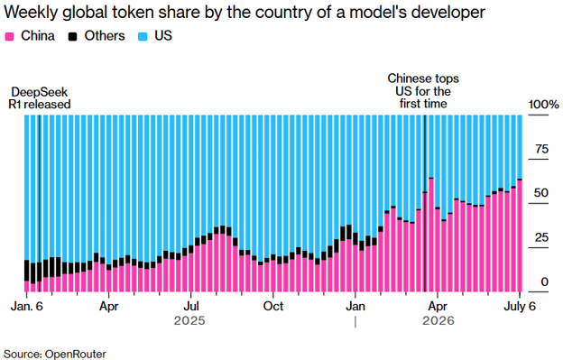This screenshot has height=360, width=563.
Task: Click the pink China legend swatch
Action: click(x=9, y=36)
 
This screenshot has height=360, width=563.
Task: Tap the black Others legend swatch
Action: click(x=73, y=36)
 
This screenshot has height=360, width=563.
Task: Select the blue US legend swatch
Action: click(x=143, y=36)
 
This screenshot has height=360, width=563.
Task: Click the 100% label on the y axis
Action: click(x=544, y=105)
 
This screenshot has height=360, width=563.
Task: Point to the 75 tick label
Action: click(x=542, y=149)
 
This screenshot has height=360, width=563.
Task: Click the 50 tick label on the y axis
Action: click(x=541, y=193)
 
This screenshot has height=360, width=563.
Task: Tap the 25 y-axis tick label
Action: click(x=541, y=237)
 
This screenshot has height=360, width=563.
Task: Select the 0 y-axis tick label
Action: click(x=545, y=282)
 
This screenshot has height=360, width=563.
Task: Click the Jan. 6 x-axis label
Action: click(x=26, y=306)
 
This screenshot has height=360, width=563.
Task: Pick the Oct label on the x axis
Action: click(x=273, y=306)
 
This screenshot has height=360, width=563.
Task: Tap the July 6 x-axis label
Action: click(x=520, y=306)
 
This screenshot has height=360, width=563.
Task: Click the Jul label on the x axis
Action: click(x=191, y=306)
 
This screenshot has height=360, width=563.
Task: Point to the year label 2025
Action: click(x=189, y=320)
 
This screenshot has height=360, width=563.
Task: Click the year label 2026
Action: click(x=438, y=320)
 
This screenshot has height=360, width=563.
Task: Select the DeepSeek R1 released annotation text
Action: click(x=40, y=98)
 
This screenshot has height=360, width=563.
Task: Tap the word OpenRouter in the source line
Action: click(x=76, y=354)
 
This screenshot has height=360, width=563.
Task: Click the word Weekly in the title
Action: click(x=30, y=13)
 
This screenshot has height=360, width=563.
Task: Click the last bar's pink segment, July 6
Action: click(x=520, y=235)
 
